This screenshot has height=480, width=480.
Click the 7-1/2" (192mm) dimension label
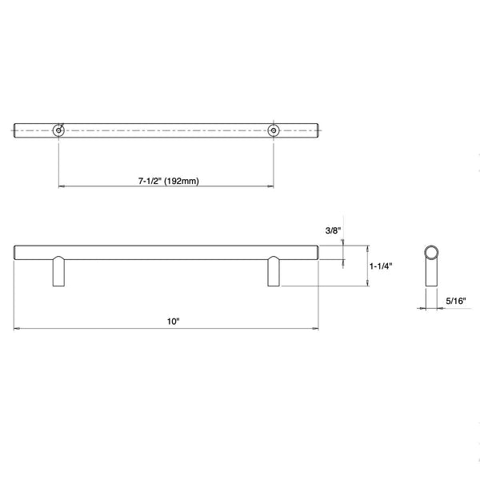coord(168,181)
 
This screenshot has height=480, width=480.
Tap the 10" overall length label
coord(173,322)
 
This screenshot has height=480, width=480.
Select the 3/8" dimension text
coord(333,230)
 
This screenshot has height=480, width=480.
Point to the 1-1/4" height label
coord(381,266)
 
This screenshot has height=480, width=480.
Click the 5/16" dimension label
coord(455,301)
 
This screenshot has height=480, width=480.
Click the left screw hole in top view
coord(58,130)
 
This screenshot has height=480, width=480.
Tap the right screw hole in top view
coord(274,130)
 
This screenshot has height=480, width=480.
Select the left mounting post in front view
coord(58,271)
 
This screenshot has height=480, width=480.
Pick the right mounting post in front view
coord(274,271)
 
